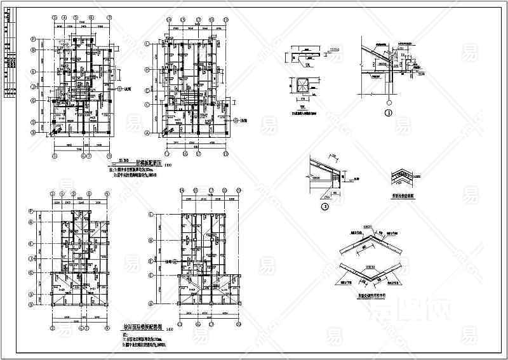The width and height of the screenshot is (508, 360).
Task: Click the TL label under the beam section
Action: tap(305, 65)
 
